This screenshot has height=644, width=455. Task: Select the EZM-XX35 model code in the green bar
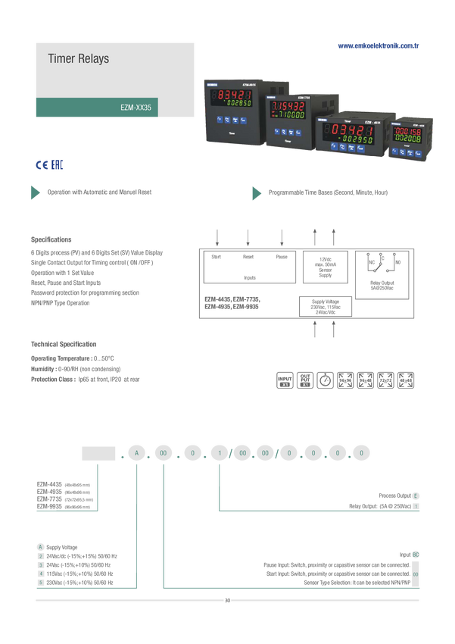pos(136,108)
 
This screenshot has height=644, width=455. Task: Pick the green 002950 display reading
pos(357,139)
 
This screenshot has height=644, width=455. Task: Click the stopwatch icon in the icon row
pos(324,380)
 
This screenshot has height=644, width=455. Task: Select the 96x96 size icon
pos(345,380)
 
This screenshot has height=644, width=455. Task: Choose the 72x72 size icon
pos(385,380)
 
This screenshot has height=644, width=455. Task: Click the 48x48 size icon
pos(405,380)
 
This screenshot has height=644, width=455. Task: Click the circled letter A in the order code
pos(136,453)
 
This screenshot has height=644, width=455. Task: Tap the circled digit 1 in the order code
pos(220,453)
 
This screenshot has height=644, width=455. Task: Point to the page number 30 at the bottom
pos(227,600)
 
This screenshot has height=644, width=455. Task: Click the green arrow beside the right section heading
pos(257,192)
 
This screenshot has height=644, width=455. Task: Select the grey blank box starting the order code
pos(98,453)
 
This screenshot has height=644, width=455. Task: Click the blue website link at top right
pos(378,45)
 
